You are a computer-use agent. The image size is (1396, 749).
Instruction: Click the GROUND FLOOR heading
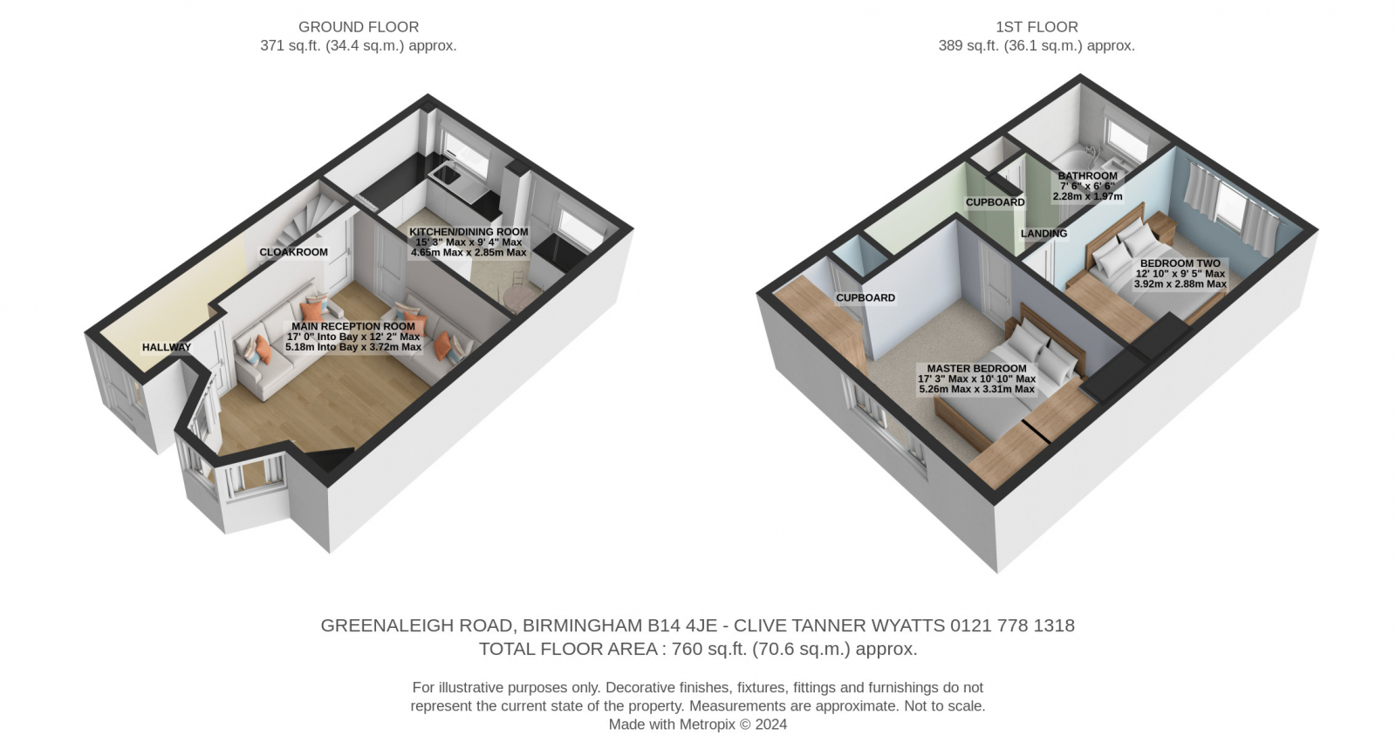(x=359, y=27)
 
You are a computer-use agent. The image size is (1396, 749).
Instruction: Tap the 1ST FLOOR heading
(x=1037, y=27)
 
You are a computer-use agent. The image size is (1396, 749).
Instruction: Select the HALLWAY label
(x=167, y=347)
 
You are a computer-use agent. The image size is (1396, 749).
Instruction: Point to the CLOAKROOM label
(x=293, y=252)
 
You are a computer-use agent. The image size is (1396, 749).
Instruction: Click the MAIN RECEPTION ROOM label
(x=353, y=326)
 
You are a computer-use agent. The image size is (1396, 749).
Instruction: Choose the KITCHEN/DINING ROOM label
(x=469, y=232)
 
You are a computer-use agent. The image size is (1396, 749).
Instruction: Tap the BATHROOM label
(x=1087, y=176)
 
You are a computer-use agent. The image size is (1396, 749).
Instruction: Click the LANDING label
(x=1044, y=234)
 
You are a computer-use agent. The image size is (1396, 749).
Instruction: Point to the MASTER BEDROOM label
(x=976, y=369)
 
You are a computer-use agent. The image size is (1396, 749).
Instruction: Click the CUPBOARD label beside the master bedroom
(x=866, y=298)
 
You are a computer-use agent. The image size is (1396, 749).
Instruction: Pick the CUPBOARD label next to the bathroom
(x=996, y=202)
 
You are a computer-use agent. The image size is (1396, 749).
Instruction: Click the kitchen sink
(x=446, y=175)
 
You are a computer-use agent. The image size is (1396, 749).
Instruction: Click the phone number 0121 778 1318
(x=1013, y=625)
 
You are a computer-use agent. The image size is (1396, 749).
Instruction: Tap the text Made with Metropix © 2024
(x=698, y=725)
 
